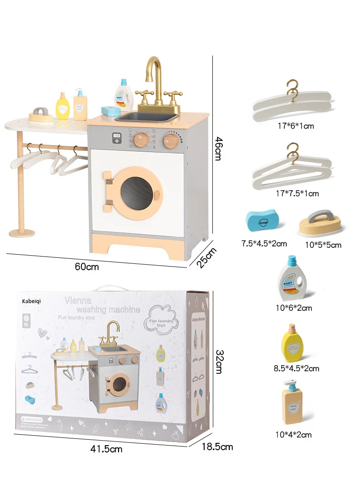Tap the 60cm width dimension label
(87, 267)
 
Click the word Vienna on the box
(79, 300)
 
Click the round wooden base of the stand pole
(21, 233)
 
